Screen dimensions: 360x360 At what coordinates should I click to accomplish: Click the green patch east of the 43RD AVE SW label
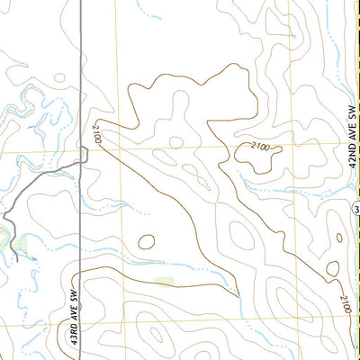coord(164,283)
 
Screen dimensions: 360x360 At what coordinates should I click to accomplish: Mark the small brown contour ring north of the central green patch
coord(145,241)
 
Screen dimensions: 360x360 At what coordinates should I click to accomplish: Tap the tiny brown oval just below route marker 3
coord(332,268)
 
